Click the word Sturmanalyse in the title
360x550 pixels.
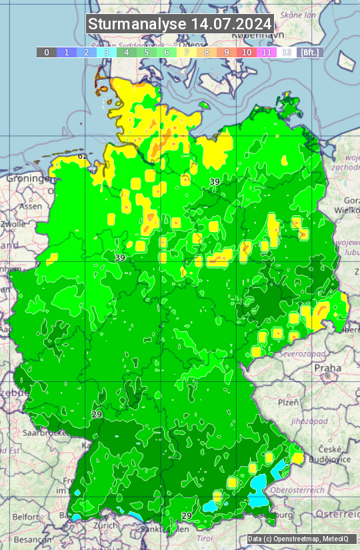pyautogui.click(x=137, y=24)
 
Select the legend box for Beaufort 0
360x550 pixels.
pyautogui.click(x=47, y=52)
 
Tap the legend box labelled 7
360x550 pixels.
pyautogui.click(x=187, y=52)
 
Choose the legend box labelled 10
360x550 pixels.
pyautogui.click(x=247, y=52)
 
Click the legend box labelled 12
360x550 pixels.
pyautogui.click(x=287, y=52)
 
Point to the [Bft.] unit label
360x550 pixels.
pyautogui.click(x=310, y=52)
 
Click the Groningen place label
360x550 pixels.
pyautogui.click(x=29, y=179)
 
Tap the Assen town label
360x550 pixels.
pyautogui.click(x=30, y=207)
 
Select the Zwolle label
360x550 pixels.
pyautogui.click(x=13, y=224)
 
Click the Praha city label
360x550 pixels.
pyautogui.click(x=327, y=368)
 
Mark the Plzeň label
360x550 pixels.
pyautogui.click(x=288, y=403)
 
